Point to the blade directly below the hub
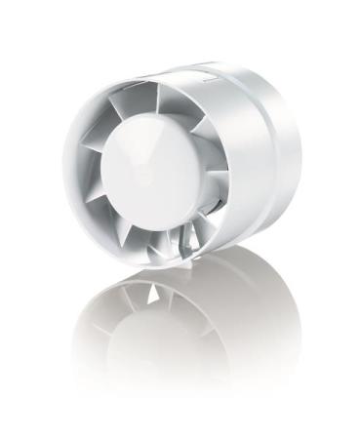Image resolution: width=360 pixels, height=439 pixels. click(166, 234)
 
